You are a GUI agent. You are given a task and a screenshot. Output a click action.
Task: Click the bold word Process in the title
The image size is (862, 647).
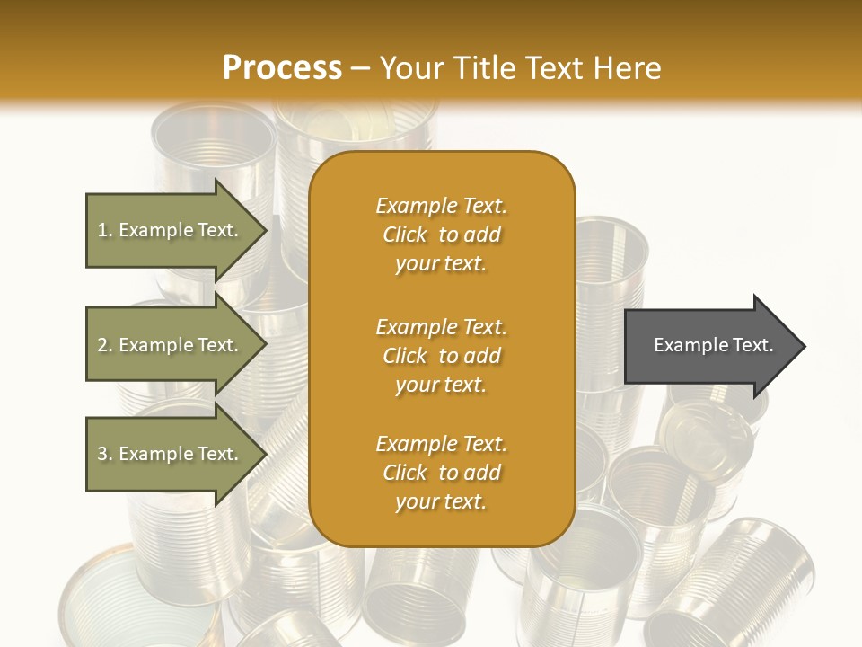tap(282, 68)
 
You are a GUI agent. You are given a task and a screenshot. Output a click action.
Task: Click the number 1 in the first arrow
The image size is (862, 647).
tap(102, 230)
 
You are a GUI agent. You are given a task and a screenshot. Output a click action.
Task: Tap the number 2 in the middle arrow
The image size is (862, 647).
tap(102, 345)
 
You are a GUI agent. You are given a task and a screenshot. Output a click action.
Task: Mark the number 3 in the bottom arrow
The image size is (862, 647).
tap(102, 454)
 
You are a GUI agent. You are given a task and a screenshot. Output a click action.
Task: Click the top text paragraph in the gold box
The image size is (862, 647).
tap(441, 235)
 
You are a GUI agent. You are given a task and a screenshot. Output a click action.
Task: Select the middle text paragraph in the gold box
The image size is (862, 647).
tap(441, 355)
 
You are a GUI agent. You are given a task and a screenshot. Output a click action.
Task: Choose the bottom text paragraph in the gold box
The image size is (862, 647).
tap(441, 473)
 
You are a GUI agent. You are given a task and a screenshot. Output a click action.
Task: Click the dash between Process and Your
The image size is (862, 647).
tap(360, 69)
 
